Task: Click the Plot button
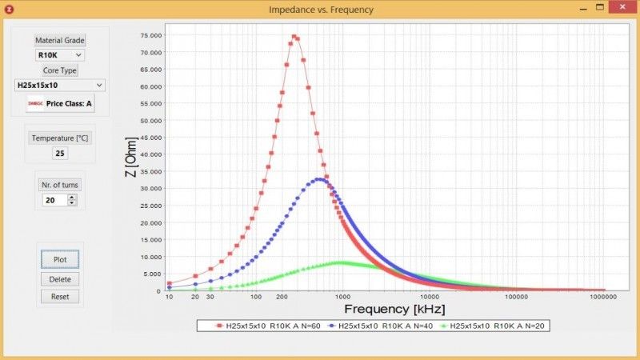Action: point(60,259)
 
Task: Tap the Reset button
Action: point(60,296)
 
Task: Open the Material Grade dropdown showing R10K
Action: point(60,55)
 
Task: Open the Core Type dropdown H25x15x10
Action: point(60,85)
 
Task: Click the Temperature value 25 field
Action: point(60,153)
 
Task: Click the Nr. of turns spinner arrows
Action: point(72,200)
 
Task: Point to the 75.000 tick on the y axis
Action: point(151,36)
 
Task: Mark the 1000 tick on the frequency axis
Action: point(342,298)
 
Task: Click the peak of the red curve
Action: point(294,36)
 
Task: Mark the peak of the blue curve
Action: point(319,179)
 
